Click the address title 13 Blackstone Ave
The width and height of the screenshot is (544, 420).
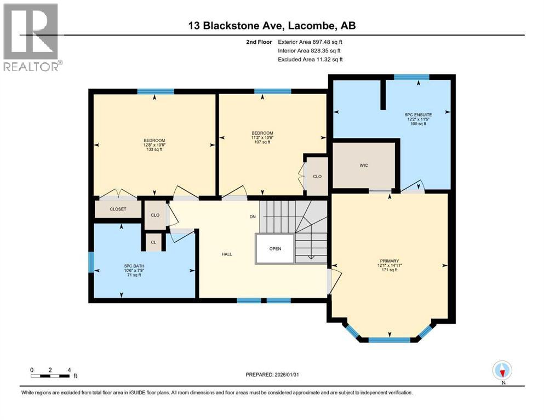271,26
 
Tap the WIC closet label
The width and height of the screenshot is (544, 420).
364,165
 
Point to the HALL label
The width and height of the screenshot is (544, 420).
227,254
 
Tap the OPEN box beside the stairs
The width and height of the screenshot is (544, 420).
275,249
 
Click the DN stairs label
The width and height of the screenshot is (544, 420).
253,217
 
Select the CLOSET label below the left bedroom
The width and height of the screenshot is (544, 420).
118,209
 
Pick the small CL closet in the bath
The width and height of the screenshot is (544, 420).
153,242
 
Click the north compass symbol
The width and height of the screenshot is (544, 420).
502,371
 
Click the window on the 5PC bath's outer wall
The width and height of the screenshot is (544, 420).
91,262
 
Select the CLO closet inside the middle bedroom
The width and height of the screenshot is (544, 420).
317,176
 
